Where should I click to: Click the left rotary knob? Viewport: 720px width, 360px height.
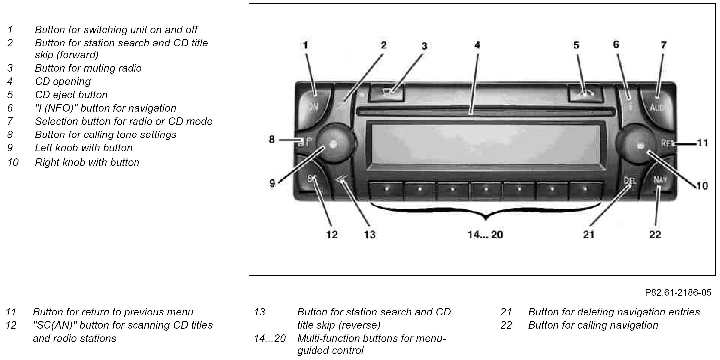pyautogui.click(x=334, y=144)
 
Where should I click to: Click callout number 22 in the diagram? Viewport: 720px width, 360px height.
pyautogui.click(x=655, y=235)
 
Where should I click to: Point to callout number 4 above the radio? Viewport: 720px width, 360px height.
pyautogui.click(x=477, y=45)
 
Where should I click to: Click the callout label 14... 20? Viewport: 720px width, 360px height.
pyautogui.click(x=485, y=235)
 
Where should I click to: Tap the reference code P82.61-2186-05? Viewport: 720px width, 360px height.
pyautogui.click(x=678, y=292)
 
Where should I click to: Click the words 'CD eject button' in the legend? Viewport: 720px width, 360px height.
pyautogui.click(x=71, y=95)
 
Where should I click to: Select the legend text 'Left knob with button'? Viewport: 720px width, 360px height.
pyautogui.click(x=83, y=148)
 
